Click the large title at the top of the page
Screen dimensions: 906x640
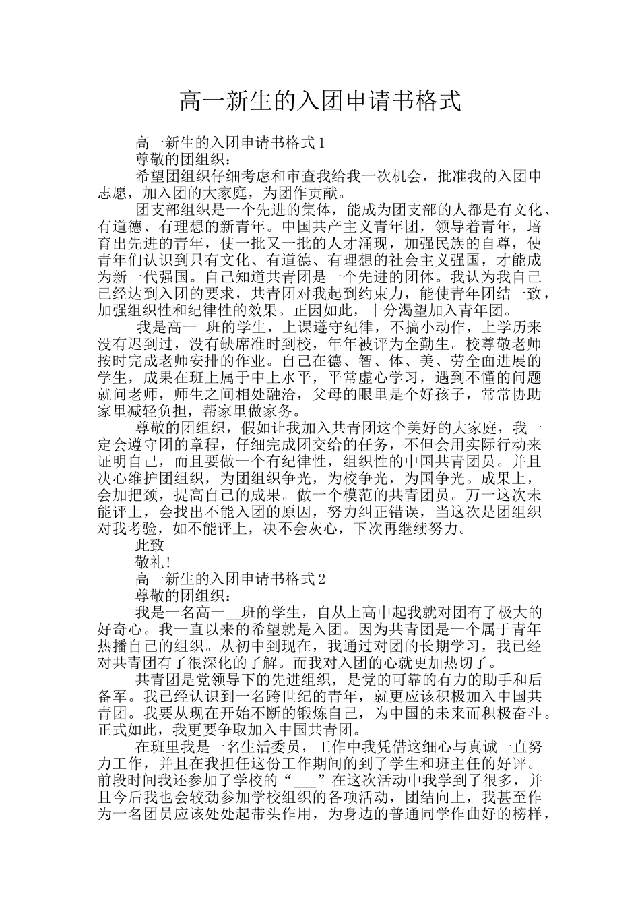(x=320, y=102)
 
